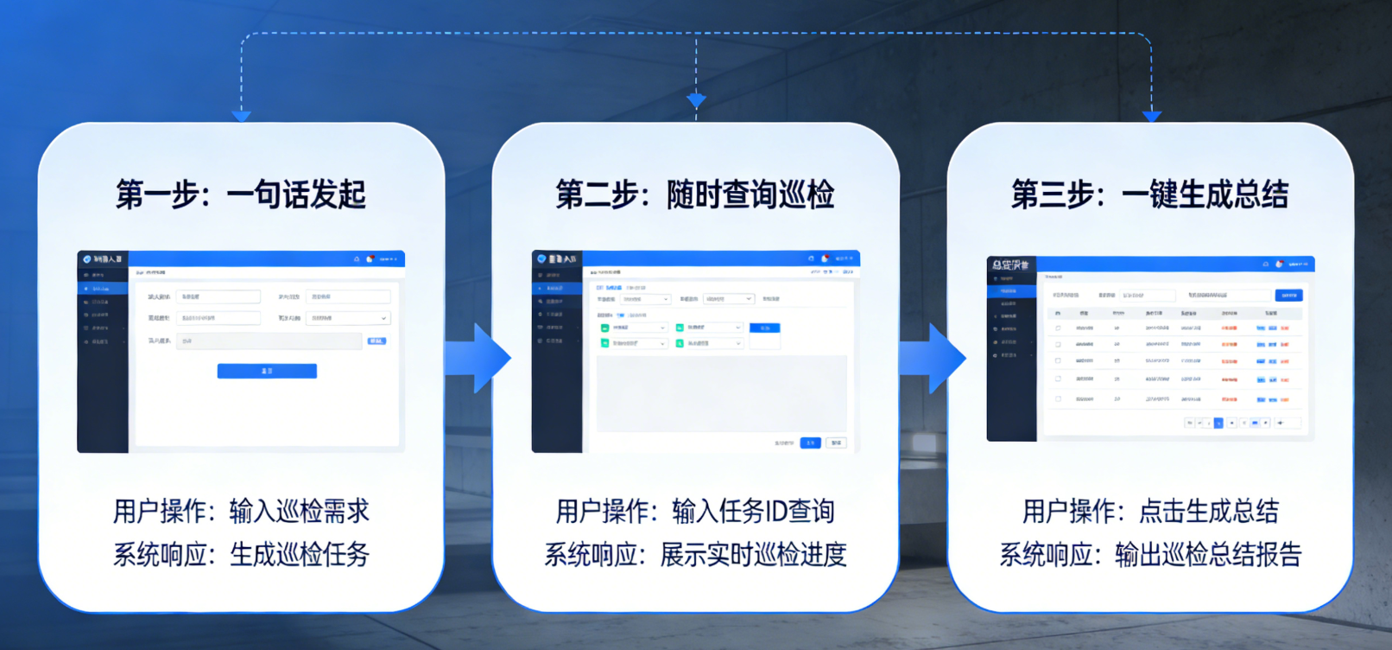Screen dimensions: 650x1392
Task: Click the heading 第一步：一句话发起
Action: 241,194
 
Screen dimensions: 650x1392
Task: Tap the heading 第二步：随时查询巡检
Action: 695,194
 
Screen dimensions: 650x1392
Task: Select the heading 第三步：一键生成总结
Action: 1149,194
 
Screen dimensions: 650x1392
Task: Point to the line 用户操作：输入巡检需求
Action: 241,511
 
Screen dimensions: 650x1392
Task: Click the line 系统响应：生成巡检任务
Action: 241,554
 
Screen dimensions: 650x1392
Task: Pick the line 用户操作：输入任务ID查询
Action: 695,511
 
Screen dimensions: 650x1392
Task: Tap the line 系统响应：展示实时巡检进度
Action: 695,554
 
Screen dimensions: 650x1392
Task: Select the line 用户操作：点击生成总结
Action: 1150,511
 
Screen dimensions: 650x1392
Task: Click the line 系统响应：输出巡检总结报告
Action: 1150,554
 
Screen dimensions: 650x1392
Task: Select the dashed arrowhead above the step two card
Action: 696,101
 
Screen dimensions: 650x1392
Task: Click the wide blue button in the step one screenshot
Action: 267,371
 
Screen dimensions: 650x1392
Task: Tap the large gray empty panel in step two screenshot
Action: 721,393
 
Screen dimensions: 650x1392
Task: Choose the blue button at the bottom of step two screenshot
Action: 810,443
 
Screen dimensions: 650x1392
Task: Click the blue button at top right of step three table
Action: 1288,296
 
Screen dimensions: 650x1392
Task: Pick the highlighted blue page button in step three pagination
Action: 1218,423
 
